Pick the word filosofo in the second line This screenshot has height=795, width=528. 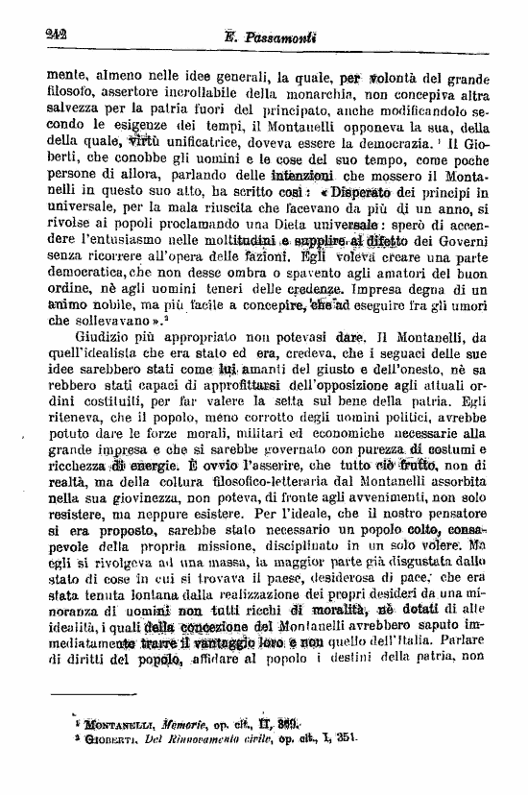click(x=74, y=92)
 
